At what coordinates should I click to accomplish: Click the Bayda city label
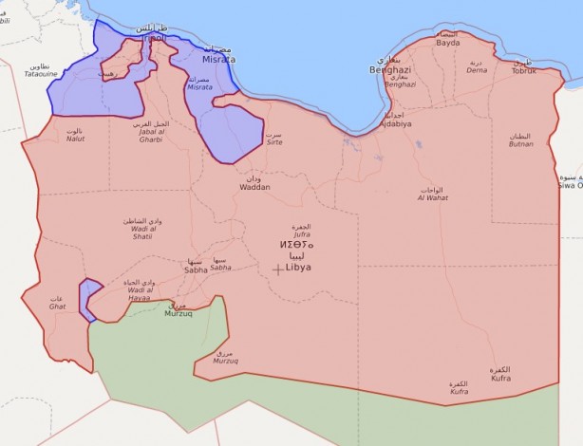click(447, 43)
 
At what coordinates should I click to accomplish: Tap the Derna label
click(477, 69)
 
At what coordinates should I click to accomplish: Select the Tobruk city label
click(524, 70)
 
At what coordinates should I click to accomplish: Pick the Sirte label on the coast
click(274, 140)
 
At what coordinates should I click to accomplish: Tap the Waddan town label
click(254, 187)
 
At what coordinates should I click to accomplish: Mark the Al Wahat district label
click(432, 198)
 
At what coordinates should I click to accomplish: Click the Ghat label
click(57, 307)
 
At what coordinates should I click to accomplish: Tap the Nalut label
click(75, 139)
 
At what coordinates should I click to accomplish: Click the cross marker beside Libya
click(277, 269)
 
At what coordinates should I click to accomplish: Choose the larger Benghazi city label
click(389, 70)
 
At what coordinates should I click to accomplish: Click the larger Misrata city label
click(217, 60)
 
